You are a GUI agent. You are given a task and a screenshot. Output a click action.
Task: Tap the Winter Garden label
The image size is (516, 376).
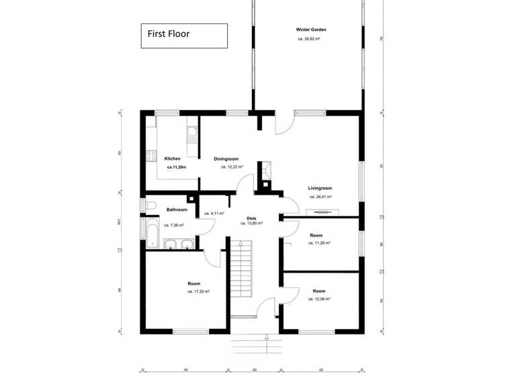click(310, 30)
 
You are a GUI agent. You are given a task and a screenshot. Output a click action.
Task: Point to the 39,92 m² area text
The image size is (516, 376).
click(309, 40)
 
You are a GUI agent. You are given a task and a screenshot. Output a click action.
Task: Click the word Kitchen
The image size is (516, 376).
click(173, 158)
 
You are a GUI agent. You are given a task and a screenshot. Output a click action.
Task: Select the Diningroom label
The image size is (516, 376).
click(226, 158)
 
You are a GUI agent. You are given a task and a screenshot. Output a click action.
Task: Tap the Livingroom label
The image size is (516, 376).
click(320, 189)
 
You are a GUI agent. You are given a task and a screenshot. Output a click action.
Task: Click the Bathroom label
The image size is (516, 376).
click(177, 209)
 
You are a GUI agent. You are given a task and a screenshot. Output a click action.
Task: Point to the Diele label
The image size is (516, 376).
click(251, 218)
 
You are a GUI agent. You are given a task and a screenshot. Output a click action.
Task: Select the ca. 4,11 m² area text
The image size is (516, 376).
click(214, 214)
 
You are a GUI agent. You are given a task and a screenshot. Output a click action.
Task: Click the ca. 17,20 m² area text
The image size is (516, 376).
click(199, 292)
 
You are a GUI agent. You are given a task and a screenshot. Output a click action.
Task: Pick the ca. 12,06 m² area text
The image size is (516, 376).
click(319, 299)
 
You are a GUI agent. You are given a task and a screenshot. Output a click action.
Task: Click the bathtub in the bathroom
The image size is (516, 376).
click(151, 236)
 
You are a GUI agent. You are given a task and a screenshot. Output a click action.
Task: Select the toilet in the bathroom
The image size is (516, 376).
click(150, 206)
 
